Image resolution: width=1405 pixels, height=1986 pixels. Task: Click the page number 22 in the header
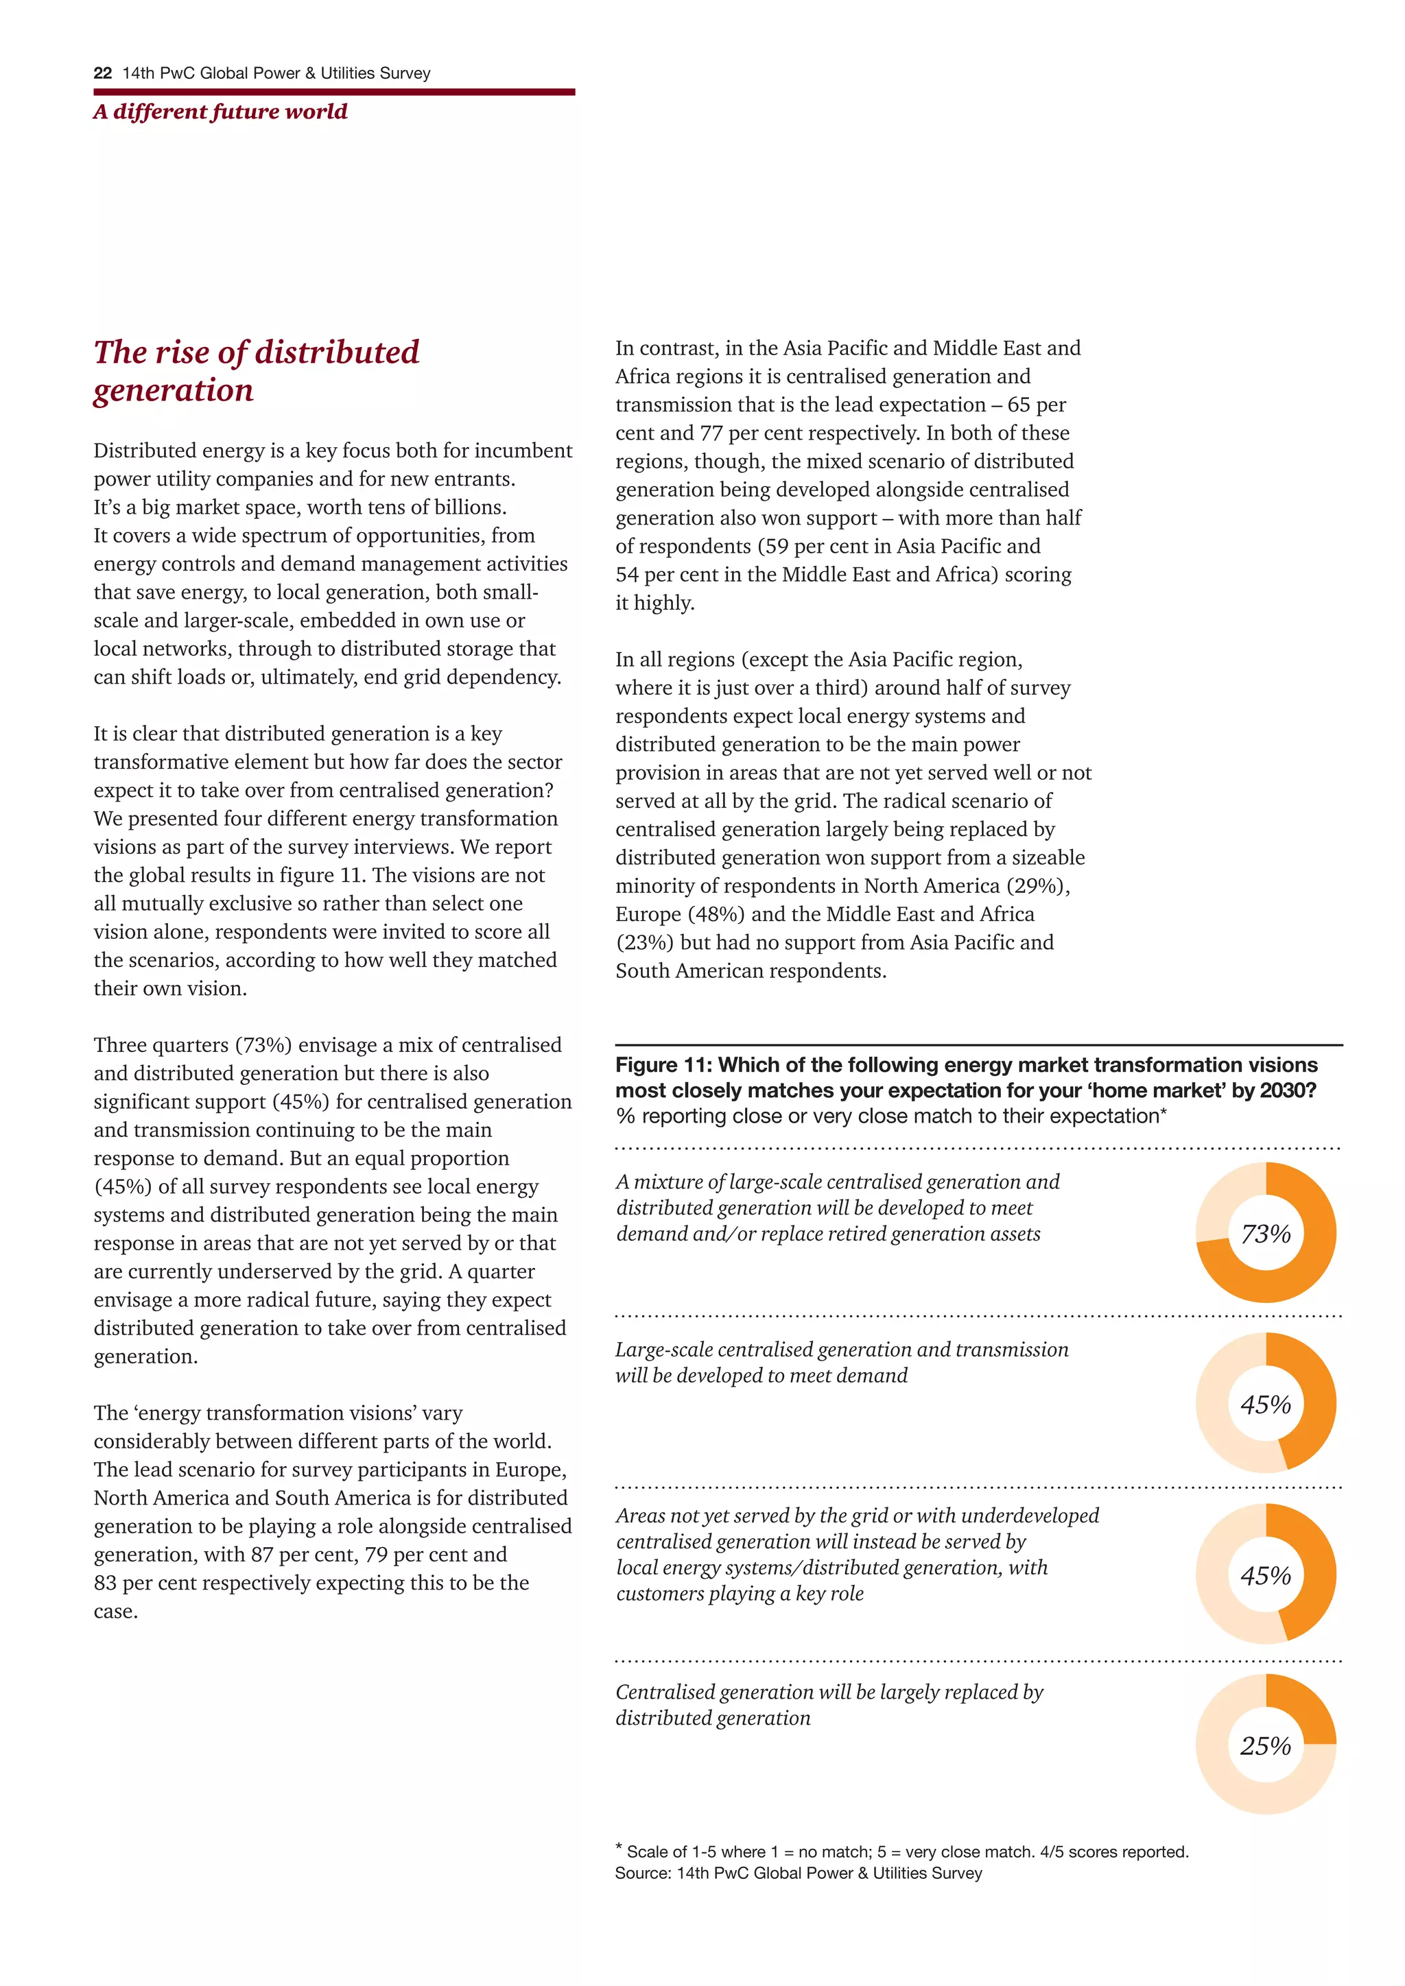(102, 73)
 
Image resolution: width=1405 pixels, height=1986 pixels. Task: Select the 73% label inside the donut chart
(1265, 1234)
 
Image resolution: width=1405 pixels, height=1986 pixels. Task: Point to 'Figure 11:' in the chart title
(663, 1065)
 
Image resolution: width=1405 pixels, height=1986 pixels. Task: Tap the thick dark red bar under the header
(334, 92)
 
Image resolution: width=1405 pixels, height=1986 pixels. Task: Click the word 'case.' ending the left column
(116, 1612)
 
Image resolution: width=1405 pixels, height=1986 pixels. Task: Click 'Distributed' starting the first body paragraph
(143, 451)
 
